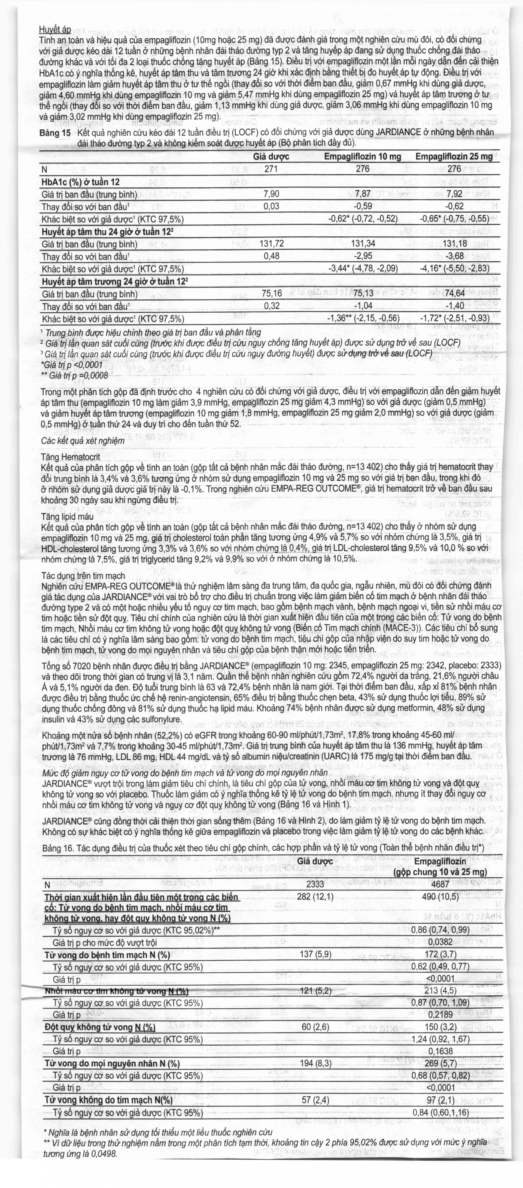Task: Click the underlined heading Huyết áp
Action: coord(55,29)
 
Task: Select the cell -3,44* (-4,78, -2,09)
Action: coord(363,269)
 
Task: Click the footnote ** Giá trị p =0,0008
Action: coord(74,375)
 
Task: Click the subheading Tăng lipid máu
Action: coord(67,517)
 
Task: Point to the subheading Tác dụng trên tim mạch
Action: coord(83,576)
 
